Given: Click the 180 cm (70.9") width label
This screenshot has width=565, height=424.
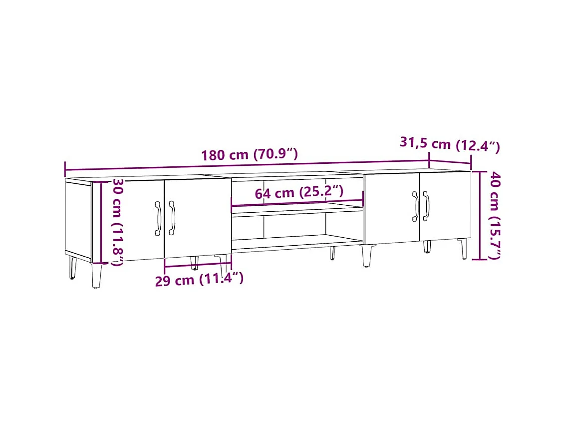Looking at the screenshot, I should pyautogui.click(x=250, y=154).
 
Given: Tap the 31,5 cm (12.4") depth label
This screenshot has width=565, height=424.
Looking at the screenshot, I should pyautogui.click(x=449, y=144).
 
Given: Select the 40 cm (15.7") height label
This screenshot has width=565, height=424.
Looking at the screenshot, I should pyautogui.click(x=494, y=215).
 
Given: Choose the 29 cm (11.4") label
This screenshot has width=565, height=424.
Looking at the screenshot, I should pyautogui.click(x=199, y=279).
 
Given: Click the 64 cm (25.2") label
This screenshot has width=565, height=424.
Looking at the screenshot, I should pyautogui.click(x=299, y=192).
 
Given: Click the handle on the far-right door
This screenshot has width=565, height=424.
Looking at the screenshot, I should pyautogui.click(x=426, y=206).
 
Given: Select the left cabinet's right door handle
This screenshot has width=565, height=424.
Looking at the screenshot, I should pyautogui.click(x=172, y=218).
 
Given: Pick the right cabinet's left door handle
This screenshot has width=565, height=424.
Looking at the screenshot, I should pyautogui.click(x=415, y=206).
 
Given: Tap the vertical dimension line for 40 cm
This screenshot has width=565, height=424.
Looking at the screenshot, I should pyautogui.click(x=480, y=215).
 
